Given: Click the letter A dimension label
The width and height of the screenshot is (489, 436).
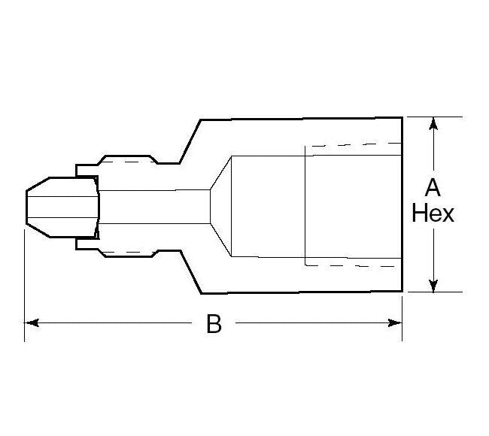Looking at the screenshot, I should pos(433,186).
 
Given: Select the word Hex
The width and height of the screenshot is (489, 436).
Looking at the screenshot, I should pos(433,213).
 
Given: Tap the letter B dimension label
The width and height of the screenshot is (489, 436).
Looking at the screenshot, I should pos(214,324).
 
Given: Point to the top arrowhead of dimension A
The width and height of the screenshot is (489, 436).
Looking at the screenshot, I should pos(433,124).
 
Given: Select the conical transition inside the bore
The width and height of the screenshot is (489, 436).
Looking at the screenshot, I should pos(220,204).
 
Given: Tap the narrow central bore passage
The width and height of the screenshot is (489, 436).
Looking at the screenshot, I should pos(154,204).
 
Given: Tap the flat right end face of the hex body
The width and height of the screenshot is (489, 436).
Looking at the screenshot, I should pos(402,204).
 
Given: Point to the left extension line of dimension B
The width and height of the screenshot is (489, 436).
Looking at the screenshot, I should pos(25,286).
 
